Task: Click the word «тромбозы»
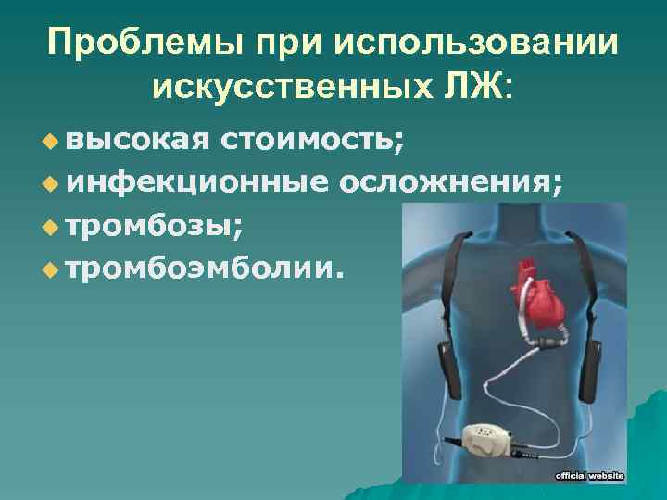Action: pyautogui.click(x=151, y=224)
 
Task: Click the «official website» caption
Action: pyautogui.click(x=590, y=475)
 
